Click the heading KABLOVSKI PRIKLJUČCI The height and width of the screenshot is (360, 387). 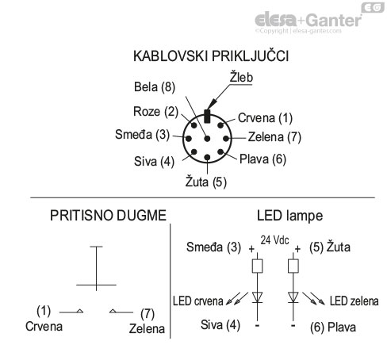pos(210,57)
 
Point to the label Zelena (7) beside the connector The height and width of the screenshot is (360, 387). pos(274,135)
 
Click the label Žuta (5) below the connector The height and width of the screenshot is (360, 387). pos(206,182)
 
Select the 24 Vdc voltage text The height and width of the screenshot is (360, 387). pos(275,239)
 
